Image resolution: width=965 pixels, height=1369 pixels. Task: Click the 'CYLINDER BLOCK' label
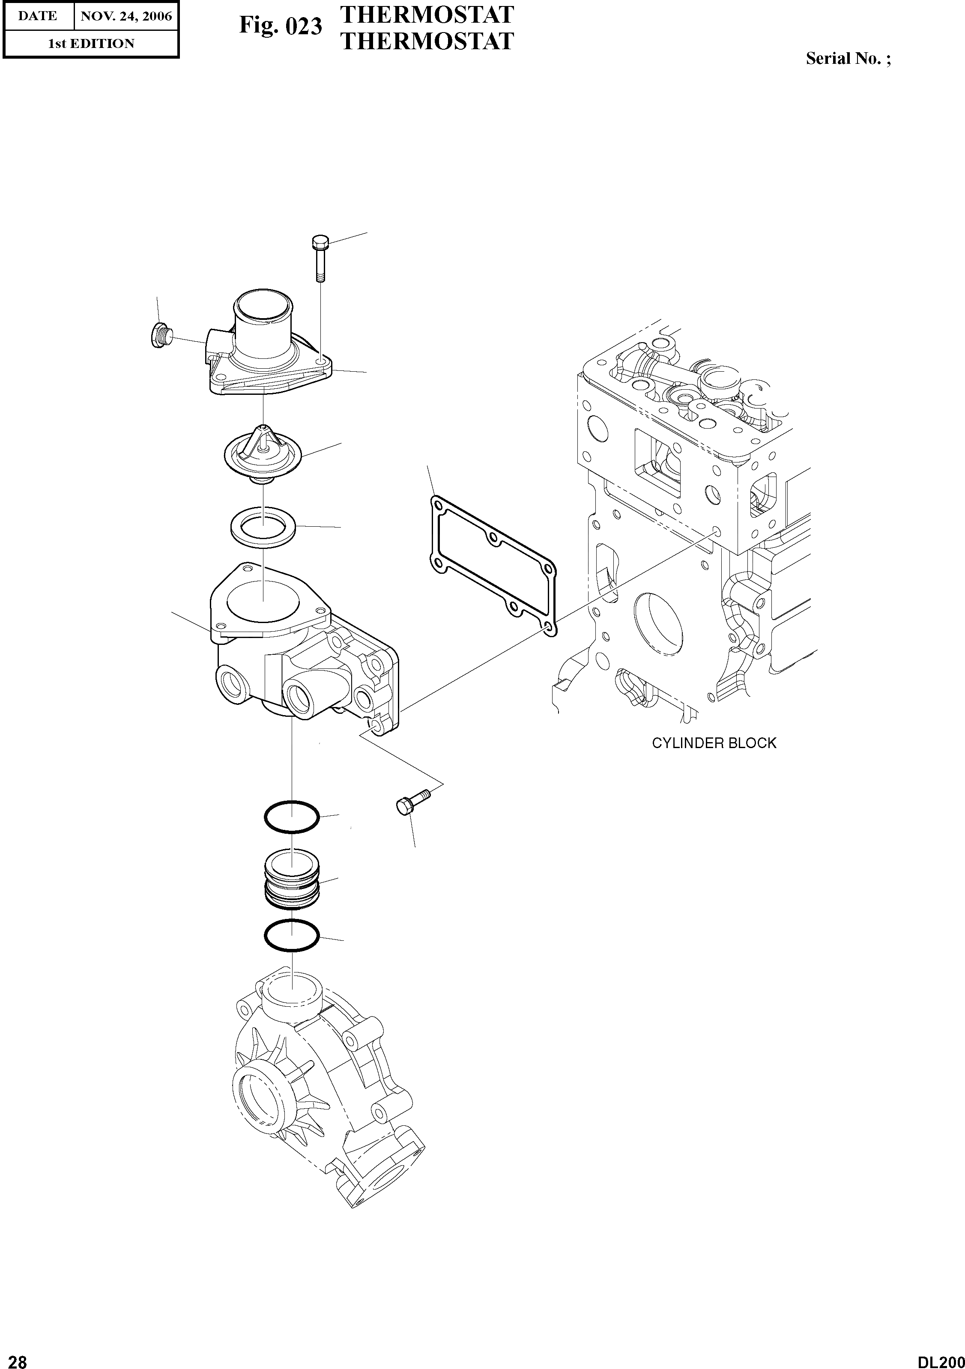tap(714, 743)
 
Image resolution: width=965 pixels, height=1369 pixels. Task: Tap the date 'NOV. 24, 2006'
tap(126, 16)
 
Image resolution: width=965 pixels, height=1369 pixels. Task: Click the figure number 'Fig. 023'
tap(280, 26)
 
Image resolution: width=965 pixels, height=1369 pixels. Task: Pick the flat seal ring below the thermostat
tap(263, 525)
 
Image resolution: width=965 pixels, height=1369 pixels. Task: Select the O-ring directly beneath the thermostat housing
tap(292, 816)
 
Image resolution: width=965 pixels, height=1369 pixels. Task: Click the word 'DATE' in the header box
tap(38, 16)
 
